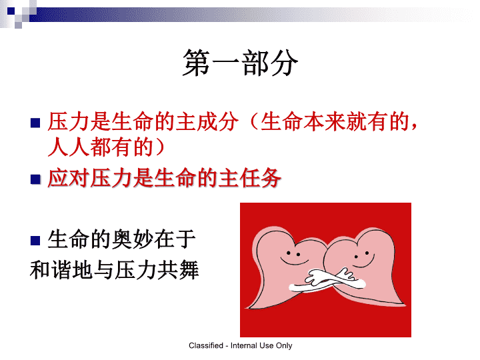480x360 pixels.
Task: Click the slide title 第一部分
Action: (x=240, y=63)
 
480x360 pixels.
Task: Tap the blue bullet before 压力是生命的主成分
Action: (x=35, y=123)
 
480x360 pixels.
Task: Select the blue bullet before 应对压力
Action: (x=35, y=179)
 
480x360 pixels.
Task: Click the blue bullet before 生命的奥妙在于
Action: (x=35, y=240)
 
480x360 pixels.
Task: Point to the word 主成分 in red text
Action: (x=207, y=121)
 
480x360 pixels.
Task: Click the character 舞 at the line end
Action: (x=189, y=270)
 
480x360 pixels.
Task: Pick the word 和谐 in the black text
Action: (x=51, y=270)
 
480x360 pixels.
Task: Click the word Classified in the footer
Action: (x=206, y=345)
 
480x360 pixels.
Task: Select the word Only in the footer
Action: (x=284, y=345)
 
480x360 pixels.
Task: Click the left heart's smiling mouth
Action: (x=294, y=263)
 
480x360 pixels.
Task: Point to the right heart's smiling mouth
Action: (x=364, y=263)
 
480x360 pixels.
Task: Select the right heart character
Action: (x=366, y=266)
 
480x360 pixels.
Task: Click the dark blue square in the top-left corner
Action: (x=11, y=11)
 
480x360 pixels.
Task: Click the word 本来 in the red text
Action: (x=324, y=121)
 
